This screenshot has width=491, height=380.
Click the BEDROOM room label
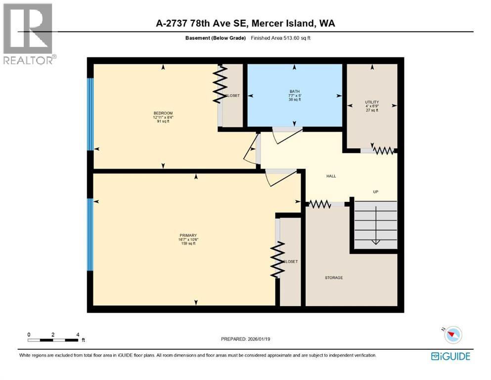(x=163, y=113)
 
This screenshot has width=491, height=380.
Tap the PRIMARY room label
(x=188, y=235)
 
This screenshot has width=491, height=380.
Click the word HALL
(x=331, y=176)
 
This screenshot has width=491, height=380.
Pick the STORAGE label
(x=334, y=278)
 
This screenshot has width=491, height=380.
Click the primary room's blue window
(x=90, y=235)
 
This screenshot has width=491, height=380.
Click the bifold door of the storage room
(x=319, y=204)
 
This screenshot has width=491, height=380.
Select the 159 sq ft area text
(x=188, y=243)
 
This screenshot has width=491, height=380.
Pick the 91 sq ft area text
(x=163, y=121)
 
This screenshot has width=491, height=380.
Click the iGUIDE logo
(x=450, y=356)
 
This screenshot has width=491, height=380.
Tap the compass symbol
(x=452, y=335)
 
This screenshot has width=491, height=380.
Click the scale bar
(x=53, y=339)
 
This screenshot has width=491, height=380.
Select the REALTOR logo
(x=29, y=34)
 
